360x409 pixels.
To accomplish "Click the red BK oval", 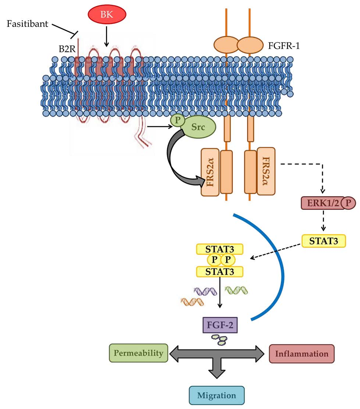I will (x=107, y=14).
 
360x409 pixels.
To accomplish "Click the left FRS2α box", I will (x=210, y=172).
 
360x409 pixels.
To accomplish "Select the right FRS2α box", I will (x=266, y=171).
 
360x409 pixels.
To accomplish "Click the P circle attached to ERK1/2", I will (x=348, y=203).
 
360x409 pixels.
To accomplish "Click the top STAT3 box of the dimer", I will (x=220, y=249).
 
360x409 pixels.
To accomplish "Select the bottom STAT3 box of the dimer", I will (x=220, y=271).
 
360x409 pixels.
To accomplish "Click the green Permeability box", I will (x=138, y=353).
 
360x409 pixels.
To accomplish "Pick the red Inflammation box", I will (x=302, y=354).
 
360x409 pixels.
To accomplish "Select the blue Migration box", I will (x=217, y=395).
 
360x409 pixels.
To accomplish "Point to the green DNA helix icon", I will (x=236, y=290).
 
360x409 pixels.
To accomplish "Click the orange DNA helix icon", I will (x=192, y=302).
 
